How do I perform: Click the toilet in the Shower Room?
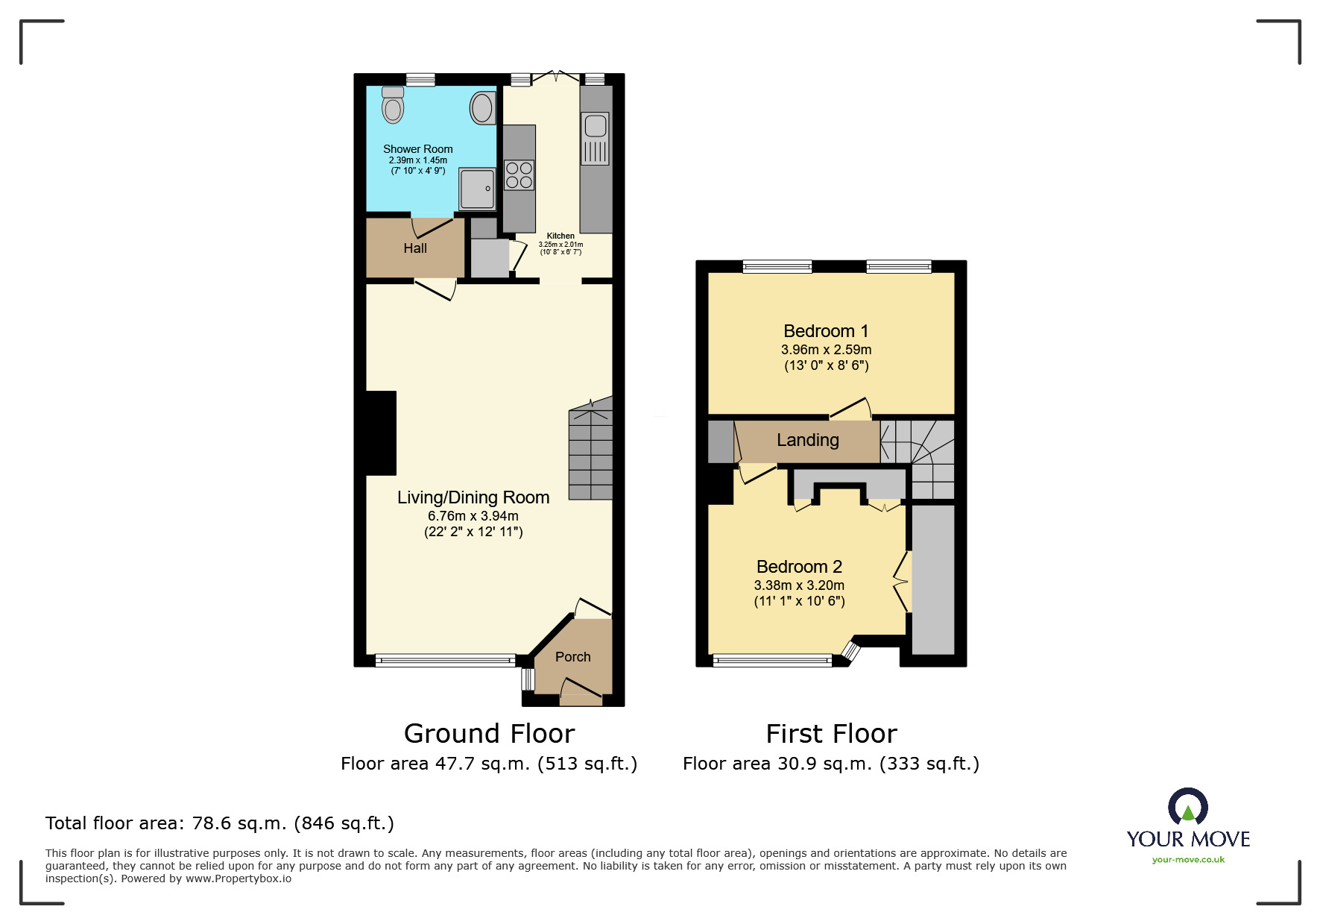393,105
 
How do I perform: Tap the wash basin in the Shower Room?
482,108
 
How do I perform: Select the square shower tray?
476,189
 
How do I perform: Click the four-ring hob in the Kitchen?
519,175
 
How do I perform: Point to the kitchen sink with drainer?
595,138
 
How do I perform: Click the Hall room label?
415,248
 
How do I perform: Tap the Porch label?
572,657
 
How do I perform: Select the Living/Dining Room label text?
473,497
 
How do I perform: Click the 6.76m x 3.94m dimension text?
473,516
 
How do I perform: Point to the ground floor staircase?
590,451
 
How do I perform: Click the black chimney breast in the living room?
381,433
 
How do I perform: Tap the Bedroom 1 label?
826,331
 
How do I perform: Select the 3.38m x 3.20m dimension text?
799,585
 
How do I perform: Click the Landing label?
808,440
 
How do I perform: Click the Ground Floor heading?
489,734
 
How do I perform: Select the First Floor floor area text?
831,764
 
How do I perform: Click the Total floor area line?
219,823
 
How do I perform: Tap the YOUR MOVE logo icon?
1187,807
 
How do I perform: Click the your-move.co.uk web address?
1188,860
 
